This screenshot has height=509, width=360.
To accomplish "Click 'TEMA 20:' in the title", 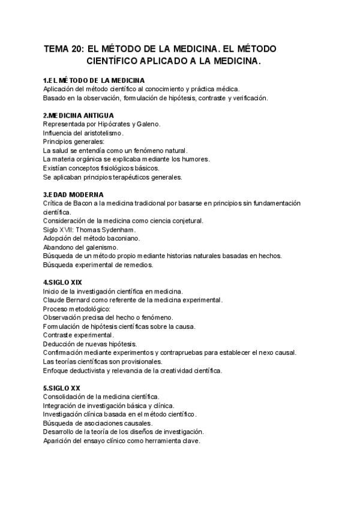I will (x=64, y=49).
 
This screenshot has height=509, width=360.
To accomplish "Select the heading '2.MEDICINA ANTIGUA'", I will (x=79, y=115).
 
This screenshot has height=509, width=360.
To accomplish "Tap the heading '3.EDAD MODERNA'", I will (x=73, y=194).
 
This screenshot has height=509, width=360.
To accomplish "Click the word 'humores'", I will (x=196, y=159).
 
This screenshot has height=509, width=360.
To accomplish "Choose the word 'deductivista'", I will (x=89, y=370).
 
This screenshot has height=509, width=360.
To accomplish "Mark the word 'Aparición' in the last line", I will (x=59, y=441).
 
